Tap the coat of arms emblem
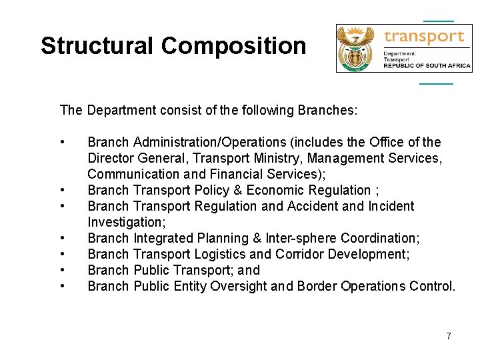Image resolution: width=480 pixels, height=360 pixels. point(357,49)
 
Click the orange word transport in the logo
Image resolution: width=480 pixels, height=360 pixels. point(425,36)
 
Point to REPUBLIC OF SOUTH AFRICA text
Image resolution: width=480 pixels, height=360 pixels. point(427,65)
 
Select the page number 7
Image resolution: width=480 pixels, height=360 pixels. point(449,336)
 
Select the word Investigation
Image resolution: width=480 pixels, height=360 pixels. point(126,222)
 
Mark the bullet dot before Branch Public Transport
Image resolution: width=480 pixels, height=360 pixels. point(62,270)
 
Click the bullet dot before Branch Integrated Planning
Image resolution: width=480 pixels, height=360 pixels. point(62,238)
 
